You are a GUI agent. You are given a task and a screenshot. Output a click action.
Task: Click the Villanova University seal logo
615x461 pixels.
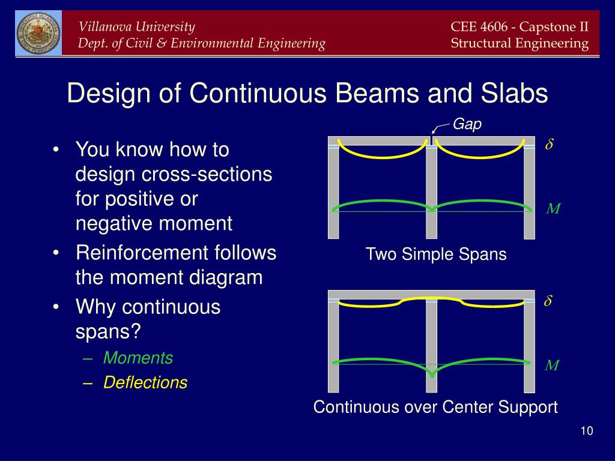pos(38,33)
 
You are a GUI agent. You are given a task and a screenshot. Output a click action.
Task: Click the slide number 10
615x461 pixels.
pos(587,431)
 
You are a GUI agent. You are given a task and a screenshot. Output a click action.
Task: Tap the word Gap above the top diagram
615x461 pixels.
pos(467,124)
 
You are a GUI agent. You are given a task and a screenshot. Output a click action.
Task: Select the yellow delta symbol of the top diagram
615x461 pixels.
pos(549,144)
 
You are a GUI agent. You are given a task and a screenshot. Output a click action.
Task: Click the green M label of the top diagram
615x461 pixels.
pos(553,208)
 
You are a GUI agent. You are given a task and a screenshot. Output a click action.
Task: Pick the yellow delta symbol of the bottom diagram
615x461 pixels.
pos(548,301)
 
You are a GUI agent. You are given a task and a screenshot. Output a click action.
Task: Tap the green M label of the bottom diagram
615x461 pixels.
pos(552,366)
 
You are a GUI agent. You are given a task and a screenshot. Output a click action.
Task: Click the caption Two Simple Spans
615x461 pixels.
pos(436,255)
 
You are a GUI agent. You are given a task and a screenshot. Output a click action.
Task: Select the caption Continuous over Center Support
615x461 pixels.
pos(435,407)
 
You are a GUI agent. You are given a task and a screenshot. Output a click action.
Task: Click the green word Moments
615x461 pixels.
pos(138,358)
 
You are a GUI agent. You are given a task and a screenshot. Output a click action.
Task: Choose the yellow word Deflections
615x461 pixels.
pos(145,382)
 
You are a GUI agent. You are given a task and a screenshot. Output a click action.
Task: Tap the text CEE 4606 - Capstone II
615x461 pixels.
pos(520,26)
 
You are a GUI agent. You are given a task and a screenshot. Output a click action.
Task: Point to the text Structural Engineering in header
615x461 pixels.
pos(520,43)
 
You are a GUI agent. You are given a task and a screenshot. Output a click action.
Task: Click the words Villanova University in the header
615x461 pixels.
pos(136,26)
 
